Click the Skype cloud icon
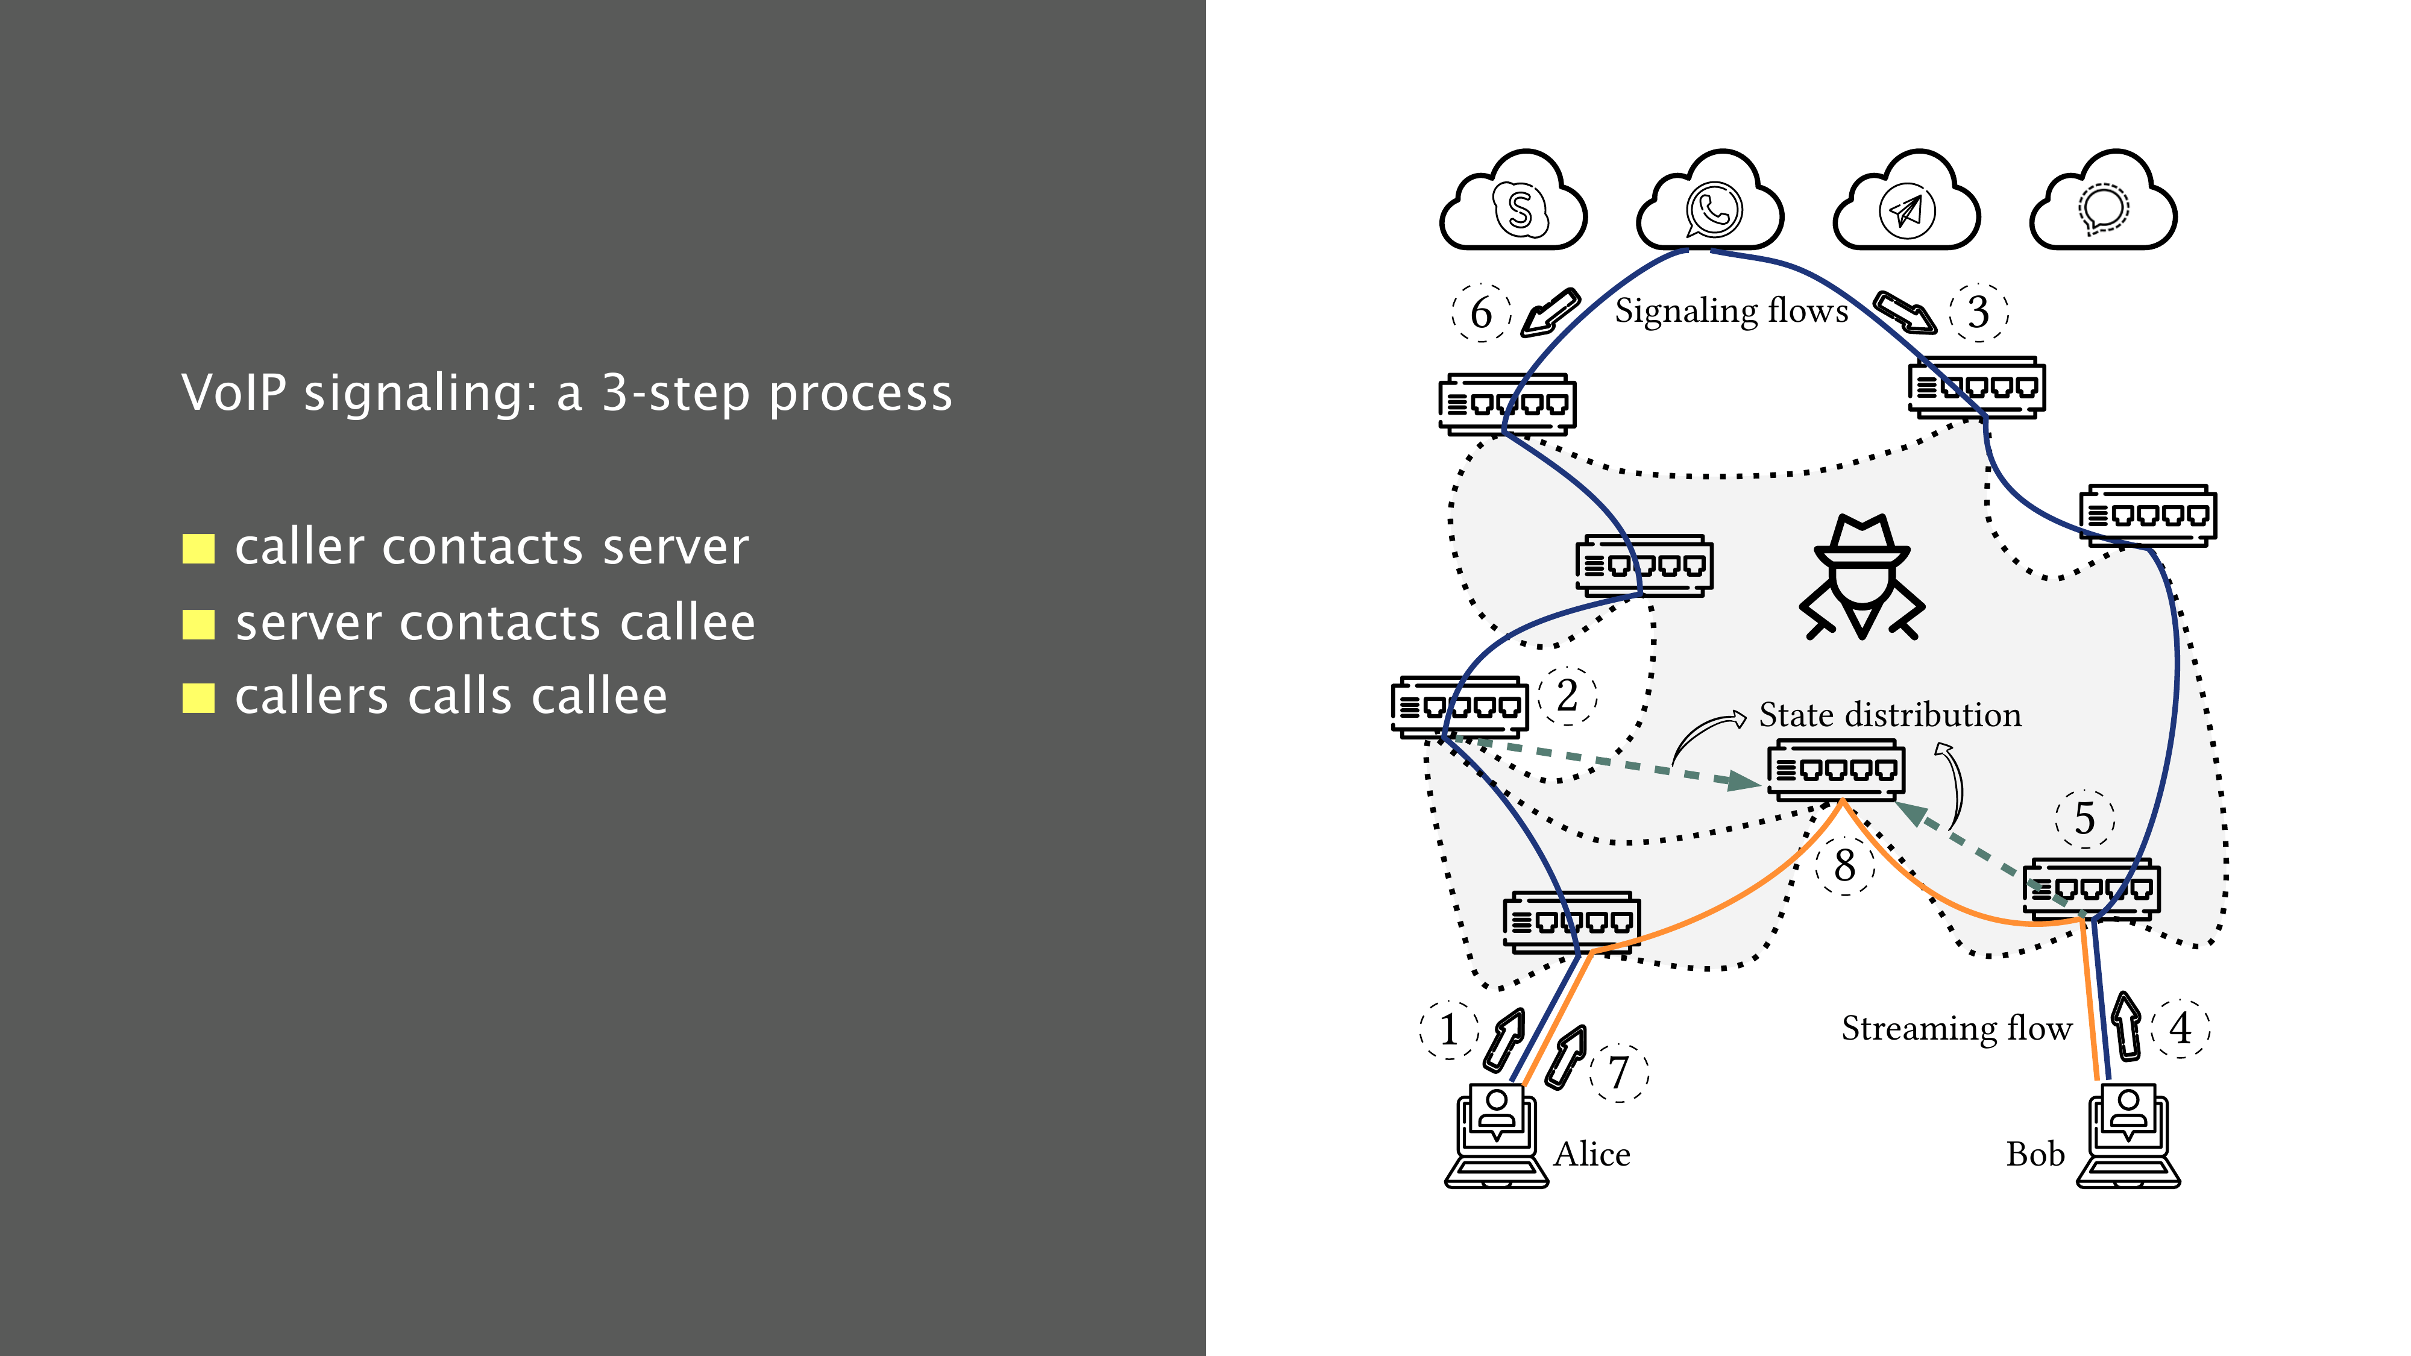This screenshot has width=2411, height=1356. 1514,204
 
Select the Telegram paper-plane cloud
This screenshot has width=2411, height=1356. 1906,204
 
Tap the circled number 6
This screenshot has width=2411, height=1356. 1481,313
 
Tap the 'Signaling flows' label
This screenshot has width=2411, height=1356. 1732,311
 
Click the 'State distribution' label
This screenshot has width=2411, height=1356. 1890,715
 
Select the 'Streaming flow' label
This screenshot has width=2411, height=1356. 1956,1029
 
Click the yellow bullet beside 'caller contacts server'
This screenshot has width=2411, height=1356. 198,549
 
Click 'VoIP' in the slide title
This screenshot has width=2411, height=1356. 234,392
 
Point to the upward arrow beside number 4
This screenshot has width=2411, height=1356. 2127,1026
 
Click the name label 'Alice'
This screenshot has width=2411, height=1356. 1591,1154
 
